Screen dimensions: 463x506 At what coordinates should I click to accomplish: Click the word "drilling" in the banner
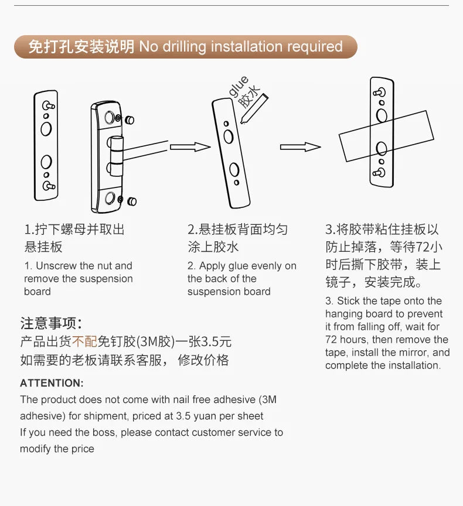tap(184, 46)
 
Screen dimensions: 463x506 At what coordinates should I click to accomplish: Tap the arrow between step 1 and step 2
tap(190, 147)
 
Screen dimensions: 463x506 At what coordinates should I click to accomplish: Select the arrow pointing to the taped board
tap(300, 147)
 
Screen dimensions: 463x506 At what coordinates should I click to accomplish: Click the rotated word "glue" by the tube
tap(239, 86)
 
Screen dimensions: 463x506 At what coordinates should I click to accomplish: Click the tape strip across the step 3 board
tap(386, 136)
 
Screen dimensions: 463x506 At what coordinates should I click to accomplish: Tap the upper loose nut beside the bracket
tap(130, 120)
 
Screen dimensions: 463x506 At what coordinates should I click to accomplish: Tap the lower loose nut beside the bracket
tap(132, 201)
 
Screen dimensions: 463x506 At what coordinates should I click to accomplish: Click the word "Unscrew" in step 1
tap(56, 265)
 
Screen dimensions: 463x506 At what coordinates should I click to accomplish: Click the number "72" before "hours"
tap(331, 340)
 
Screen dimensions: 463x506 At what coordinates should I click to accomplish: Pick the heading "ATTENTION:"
tap(52, 383)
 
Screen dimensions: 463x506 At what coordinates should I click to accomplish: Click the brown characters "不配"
tap(84, 341)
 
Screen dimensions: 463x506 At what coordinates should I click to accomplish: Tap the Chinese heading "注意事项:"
tap(52, 323)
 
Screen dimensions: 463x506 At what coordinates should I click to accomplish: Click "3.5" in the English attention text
tap(183, 416)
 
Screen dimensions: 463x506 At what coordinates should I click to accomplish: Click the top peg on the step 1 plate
tap(49, 105)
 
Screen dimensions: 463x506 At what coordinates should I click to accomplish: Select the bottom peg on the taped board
tap(379, 173)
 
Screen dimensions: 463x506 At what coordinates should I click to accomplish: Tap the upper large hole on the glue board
tap(228, 137)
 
